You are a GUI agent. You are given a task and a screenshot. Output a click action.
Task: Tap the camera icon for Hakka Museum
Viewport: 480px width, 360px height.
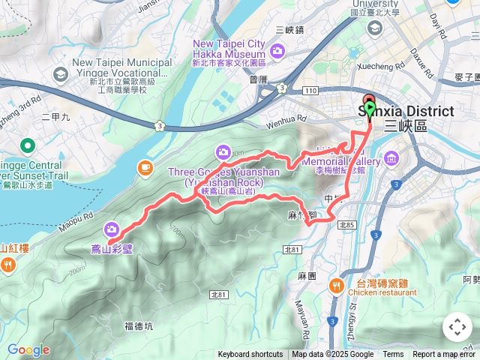(x=277, y=51)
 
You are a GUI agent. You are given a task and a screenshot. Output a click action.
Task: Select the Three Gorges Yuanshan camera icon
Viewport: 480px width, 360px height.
(x=223, y=152)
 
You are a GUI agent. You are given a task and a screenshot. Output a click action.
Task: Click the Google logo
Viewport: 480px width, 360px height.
(x=28, y=350)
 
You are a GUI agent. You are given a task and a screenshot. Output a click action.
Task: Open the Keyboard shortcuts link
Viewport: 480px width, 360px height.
(x=250, y=355)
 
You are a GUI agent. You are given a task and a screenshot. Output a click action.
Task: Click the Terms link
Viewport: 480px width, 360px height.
(x=393, y=355)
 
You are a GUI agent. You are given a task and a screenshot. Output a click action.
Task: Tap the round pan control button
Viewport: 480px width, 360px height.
(x=457, y=327)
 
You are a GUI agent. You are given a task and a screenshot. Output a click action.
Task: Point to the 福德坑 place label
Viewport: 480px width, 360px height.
(x=139, y=326)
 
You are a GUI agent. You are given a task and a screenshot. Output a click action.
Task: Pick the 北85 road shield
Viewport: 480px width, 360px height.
(x=346, y=225)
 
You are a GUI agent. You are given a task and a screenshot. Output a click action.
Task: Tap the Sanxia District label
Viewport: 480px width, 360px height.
(x=405, y=112)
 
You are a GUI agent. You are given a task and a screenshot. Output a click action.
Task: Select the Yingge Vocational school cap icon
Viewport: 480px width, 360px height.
(x=59, y=74)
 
